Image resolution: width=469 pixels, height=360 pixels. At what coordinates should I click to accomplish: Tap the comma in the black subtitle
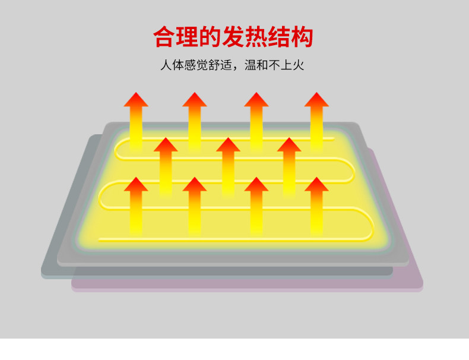(248, 67)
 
